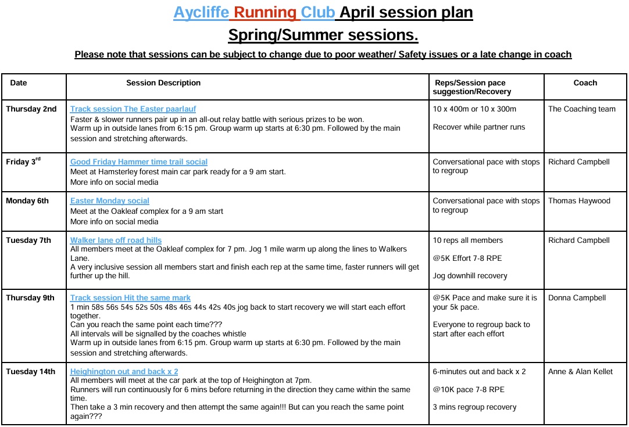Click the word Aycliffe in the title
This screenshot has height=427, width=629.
coord(201,12)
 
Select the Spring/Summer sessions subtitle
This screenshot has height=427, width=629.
coord(323,35)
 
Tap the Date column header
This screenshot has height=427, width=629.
coord(19,83)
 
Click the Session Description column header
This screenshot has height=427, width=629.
coord(163,83)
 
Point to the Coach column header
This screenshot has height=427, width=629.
coord(585,83)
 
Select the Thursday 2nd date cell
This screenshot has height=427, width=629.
coord(31,109)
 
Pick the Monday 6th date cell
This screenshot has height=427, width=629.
coord(27,201)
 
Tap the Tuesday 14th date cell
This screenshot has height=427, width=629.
coord(31,372)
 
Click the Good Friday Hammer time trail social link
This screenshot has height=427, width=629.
coord(139,162)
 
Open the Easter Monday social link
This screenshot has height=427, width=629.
coord(110,201)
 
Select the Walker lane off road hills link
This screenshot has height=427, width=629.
coord(116,241)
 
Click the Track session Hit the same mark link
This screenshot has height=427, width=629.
coord(130,298)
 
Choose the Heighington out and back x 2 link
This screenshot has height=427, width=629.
coord(124,372)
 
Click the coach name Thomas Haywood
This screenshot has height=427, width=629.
coord(579,201)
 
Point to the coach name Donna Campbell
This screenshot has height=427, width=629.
coord(577,298)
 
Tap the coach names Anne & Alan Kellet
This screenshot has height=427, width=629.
coord(580,372)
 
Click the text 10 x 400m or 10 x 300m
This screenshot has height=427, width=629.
coord(474,109)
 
